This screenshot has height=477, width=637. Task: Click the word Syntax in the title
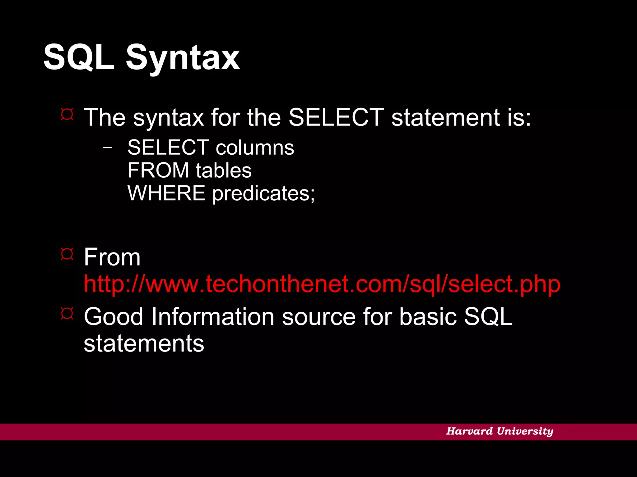183,58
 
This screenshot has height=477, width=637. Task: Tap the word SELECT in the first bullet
336,117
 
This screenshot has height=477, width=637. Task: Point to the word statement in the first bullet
445,117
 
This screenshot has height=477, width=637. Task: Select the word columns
255,148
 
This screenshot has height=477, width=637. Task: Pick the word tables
224,170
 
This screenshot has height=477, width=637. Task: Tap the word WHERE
166,193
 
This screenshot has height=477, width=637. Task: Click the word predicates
263,194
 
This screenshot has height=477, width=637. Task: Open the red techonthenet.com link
322,284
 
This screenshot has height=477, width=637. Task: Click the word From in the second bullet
112,257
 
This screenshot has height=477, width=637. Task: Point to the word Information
213,317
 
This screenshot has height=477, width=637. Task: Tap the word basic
428,317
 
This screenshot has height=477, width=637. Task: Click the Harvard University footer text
500,431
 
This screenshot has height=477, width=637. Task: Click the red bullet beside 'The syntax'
67,114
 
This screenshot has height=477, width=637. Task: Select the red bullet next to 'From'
67,254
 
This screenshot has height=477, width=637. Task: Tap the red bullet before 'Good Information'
67,313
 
